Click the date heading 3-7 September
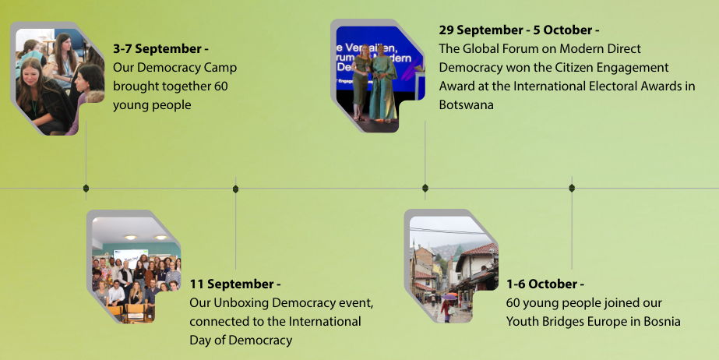[x=160, y=49]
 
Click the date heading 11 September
[x=235, y=284]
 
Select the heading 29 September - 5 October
[x=519, y=30]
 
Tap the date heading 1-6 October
[x=545, y=284]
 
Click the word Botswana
[x=466, y=105]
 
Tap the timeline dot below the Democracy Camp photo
[x=86, y=188]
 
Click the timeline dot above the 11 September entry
[x=235, y=188]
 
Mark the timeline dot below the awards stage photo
[x=425, y=188]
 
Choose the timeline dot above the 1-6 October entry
[x=572, y=188]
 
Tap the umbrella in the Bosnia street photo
[x=450, y=297]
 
